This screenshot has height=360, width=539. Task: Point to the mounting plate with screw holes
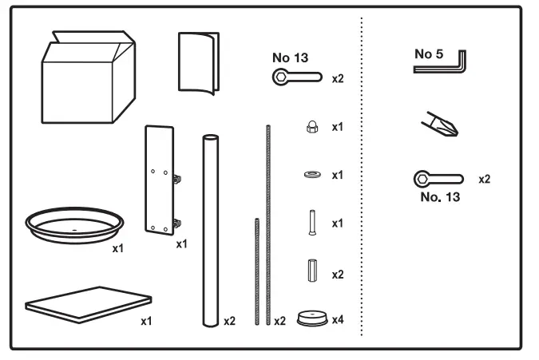160,180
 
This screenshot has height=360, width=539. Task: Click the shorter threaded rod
256,271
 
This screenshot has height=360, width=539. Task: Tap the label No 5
429,53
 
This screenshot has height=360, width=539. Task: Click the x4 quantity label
338,321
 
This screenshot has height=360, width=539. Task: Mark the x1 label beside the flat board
147,321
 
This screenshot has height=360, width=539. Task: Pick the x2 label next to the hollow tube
230,321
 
